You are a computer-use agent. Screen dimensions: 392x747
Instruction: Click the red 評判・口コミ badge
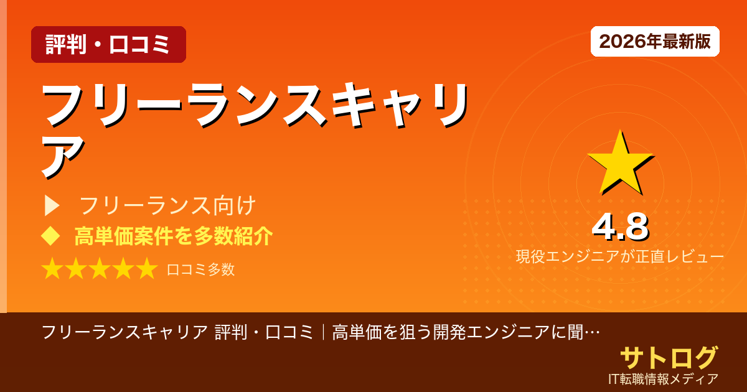click(108, 45)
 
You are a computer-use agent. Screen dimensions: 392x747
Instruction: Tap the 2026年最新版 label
click(655, 42)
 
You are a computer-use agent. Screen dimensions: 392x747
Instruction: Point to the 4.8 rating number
click(620, 228)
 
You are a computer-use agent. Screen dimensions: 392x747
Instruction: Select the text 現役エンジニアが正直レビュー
click(619, 257)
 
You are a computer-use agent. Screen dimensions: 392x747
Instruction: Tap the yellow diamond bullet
click(50, 236)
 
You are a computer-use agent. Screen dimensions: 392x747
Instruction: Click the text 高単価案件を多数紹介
click(174, 236)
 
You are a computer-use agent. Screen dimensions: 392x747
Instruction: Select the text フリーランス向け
click(168, 205)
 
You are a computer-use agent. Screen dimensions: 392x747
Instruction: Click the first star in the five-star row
click(52, 269)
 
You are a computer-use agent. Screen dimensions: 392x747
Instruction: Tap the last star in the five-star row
click(146, 269)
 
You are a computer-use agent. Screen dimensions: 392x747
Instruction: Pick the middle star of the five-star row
click(100, 269)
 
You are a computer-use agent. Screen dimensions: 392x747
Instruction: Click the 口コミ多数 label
click(200, 269)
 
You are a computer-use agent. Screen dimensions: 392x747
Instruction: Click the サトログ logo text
click(669, 358)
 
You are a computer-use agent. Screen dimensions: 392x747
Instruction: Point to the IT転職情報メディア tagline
click(664, 379)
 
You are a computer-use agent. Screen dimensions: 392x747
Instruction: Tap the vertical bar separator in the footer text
click(324, 332)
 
